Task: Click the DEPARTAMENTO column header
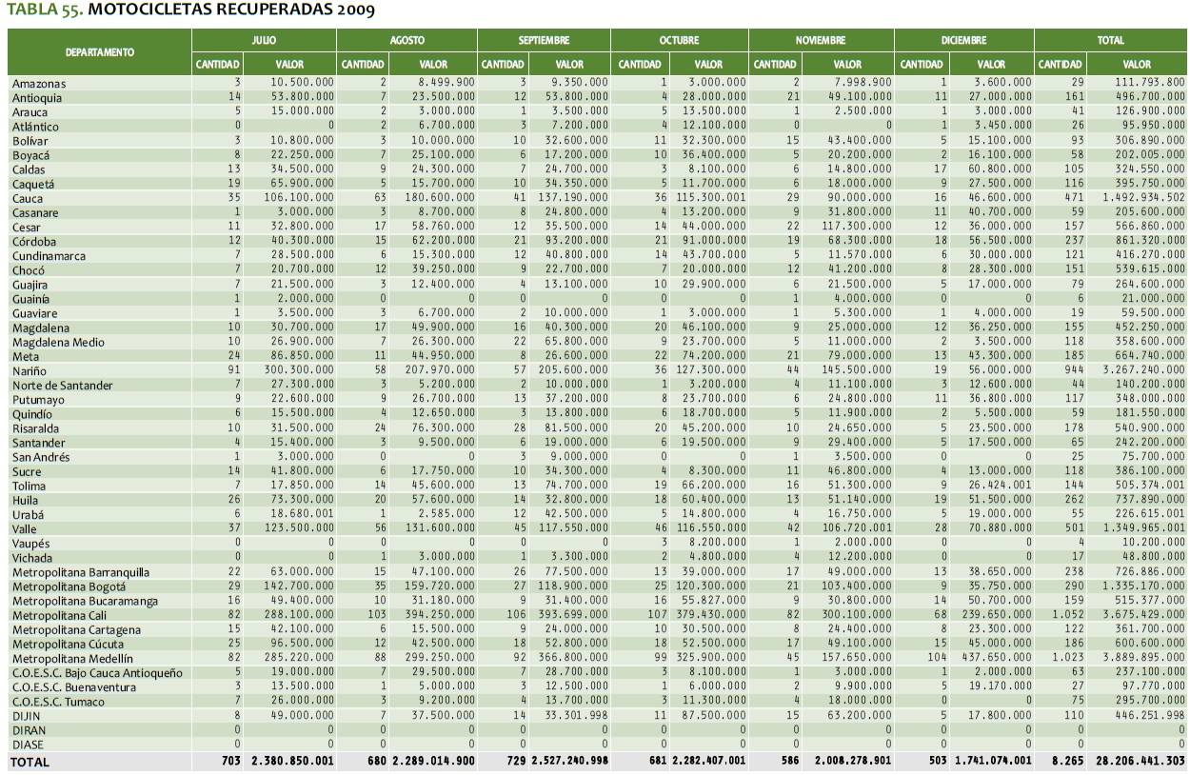pos(100,51)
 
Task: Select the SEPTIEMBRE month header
pos(544,41)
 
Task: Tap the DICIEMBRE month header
pos(965,41)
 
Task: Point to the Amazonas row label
pos(39,84)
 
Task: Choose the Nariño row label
pos(30,370)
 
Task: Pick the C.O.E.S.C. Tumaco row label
pos(59,701)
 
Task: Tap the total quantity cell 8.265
pos(1069,762)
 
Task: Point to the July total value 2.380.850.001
pos(292,762)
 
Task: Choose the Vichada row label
pos(32,557)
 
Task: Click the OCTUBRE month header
pos(679,41)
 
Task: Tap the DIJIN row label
pos(25,715)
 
